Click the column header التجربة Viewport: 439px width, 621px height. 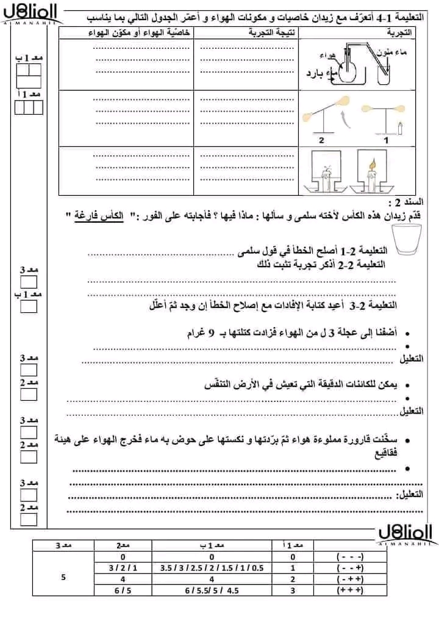[400, 32]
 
